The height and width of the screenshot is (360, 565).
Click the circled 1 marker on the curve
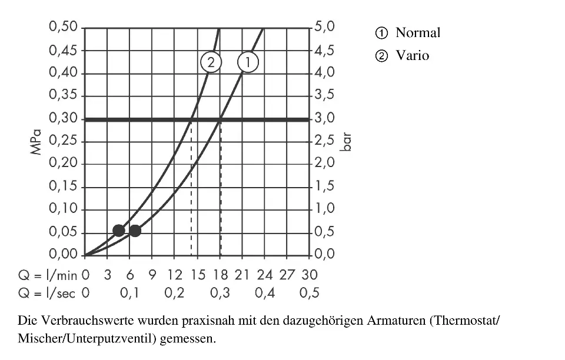[248, 62]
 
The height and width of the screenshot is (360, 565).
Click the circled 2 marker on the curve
[210, 62]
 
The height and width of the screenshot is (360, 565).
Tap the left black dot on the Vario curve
[118, 230]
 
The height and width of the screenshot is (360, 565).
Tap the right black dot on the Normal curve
[135, 230]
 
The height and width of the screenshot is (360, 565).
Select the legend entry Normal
[417, 32]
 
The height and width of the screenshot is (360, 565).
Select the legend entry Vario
[412, 56]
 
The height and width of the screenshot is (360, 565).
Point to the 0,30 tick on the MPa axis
[64, 119]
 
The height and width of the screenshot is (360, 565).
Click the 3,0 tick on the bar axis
[324, 119]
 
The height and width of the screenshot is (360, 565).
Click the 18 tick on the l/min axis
[220, 275]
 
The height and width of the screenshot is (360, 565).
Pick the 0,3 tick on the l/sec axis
[220, 293]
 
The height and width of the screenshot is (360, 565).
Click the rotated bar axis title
[347, 142]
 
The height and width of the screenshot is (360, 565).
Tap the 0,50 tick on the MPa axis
[64, 27]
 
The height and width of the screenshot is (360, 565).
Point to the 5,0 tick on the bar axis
[324, 27]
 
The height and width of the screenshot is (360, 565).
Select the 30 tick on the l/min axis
[310, 275]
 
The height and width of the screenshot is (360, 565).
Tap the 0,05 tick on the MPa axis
[64, 232]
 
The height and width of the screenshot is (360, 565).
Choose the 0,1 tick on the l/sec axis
[129, 293]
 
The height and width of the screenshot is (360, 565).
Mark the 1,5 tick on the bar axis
[324, 187]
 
